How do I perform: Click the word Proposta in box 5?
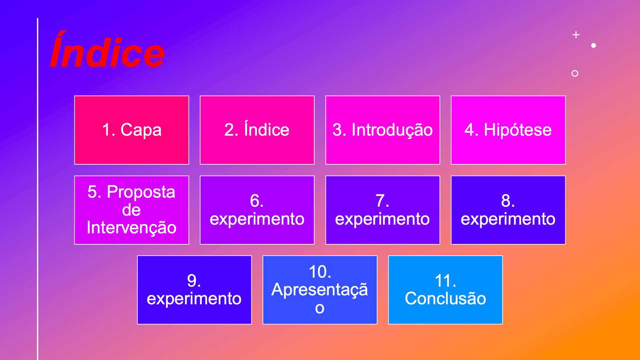point(141,192)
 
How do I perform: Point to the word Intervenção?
point(131,228)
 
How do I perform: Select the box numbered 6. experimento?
point(257,210)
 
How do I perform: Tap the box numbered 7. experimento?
point(382,210)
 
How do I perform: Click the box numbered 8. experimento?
point(508,210)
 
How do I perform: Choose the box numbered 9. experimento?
point(194,290)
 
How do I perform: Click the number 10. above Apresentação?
point(320,272)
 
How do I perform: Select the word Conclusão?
point(445,298)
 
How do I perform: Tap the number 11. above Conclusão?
point(445,281)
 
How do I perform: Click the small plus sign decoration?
point(576,35)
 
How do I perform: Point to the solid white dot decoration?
point(593,45)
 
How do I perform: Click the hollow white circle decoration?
point(575,73)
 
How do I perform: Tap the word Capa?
point(141,130)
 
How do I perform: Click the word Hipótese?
point(517,130)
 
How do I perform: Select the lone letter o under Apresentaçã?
point(320,308)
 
